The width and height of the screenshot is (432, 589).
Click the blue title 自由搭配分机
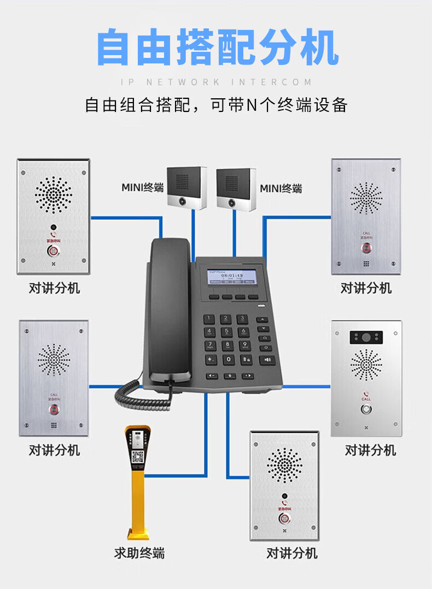pos(218,48)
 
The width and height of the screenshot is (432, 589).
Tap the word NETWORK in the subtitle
pos(183,82)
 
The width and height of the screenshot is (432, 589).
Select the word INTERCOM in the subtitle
pos(271,82)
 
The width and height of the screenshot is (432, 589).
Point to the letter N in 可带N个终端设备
pos(252,105)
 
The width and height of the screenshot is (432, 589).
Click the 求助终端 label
pos(139,553)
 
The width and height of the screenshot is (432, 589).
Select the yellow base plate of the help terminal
pos(138,534)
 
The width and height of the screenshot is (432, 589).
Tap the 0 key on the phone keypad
pos(228,360)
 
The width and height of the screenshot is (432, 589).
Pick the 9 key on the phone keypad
pos(244,345)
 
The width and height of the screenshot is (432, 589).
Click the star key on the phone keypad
pos(211,360)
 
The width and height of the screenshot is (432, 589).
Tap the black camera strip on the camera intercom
pos(366,337)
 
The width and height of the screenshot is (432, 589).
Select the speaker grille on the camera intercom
pos(366,365)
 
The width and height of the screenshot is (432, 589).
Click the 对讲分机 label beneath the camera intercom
pos(370,450)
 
